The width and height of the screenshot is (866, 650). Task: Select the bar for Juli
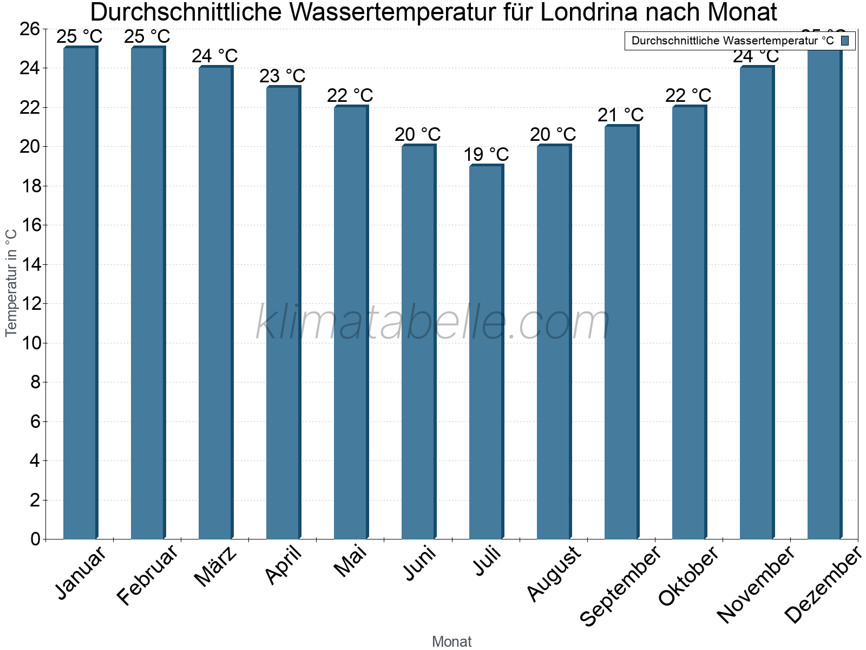point(486,352)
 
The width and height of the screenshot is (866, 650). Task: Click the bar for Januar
point(80,292)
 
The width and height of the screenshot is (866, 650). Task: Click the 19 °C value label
point(486,155)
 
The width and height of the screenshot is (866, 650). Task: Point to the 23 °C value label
point(283,76)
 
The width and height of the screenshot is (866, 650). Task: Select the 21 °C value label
point(621,115)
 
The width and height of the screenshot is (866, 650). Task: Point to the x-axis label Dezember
point(823,585)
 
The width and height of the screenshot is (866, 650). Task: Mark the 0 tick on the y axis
point(36,539)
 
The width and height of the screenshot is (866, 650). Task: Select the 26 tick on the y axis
point(29,29)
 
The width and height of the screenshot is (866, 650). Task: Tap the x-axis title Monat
point(452,642)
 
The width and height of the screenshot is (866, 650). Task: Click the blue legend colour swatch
point(845,41)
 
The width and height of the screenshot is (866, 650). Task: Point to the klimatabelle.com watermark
point(433,323)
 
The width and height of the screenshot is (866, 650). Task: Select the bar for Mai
point(351,322)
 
